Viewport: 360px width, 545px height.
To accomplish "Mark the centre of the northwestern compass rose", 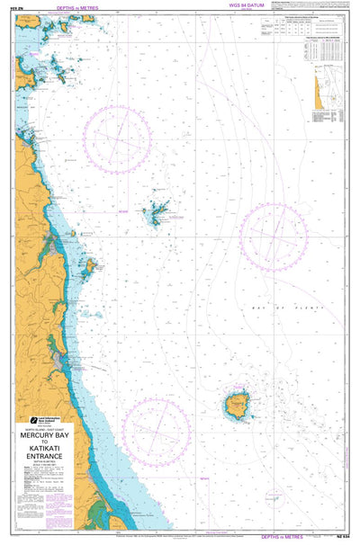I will click(118, 140).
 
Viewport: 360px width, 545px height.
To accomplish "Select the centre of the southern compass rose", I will click(156, 433).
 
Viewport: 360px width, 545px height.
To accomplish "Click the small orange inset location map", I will click(319, 89).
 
